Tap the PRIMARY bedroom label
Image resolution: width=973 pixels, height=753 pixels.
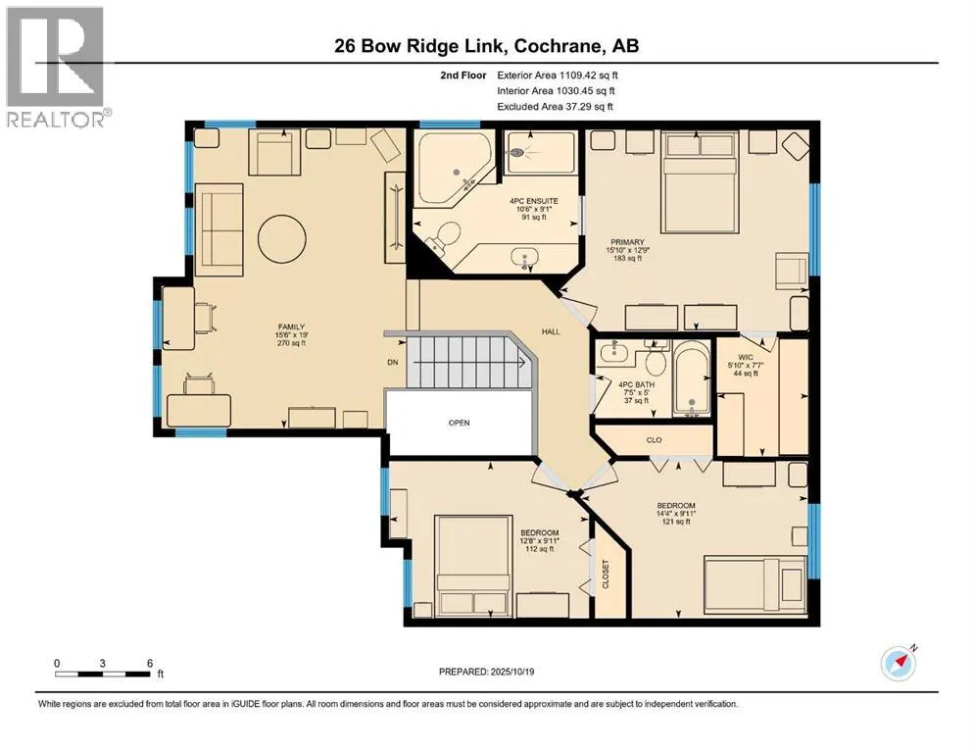coord(628,239)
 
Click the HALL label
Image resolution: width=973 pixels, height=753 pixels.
coord(551,332)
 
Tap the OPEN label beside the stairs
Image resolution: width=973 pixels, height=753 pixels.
coord(459,423)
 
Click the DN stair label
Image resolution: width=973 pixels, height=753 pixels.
coord(393,361)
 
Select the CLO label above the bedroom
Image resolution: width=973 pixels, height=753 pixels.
coord(655,440)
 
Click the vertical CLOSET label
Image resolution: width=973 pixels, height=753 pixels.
coord(606,577)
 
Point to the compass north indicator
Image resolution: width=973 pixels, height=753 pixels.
coord(899,663)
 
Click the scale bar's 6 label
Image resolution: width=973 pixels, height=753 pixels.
coord(149,662)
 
